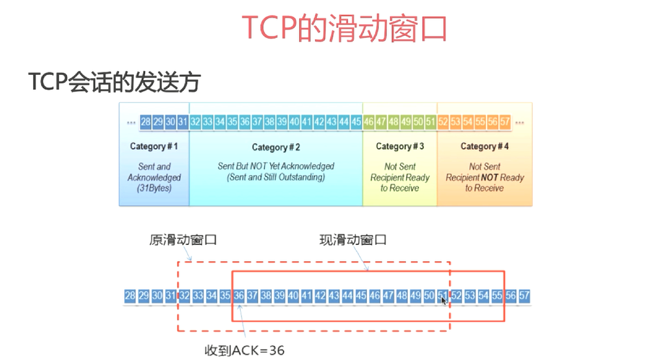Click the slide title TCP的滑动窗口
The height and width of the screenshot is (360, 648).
(x=345, y=27)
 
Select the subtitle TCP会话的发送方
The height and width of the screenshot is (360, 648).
(x=115, y=83)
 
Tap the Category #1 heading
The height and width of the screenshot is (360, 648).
(x=154, y=146)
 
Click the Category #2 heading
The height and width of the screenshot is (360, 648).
(x=276, y=148)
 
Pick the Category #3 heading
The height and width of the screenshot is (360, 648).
(x=399, y=146)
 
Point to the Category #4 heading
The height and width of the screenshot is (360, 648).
(x=485, y=146)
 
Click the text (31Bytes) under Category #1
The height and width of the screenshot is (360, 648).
(x=154, y=188)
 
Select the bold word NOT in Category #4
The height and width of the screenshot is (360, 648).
(x=492, y=177)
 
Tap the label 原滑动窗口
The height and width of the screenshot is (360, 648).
(x=183, y=240)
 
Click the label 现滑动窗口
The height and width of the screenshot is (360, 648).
(x=353, y=240)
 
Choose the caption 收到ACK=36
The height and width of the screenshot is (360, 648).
(x=245, y=350)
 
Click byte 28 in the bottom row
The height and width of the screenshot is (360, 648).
(x=130, y=296)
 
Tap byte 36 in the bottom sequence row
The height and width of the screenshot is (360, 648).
(x=239, y=296)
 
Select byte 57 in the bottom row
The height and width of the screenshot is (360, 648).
(x=524, y=296)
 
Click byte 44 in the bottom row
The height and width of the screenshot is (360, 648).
(x=347, y=296)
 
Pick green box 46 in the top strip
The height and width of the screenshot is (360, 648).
(x=369, y=122)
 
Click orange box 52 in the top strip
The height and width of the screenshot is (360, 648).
(x=444, y=122)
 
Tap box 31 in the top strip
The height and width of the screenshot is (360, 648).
(x=183, y=122)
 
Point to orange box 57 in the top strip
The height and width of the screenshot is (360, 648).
(x=506, y=122)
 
